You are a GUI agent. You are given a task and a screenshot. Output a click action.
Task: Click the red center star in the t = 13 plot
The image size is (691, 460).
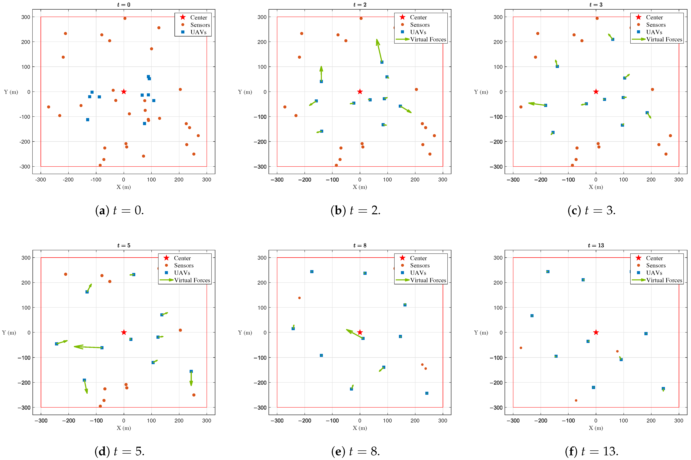coord(596,332)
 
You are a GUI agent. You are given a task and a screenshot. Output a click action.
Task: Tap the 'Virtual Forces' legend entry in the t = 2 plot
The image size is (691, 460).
coord(428,39)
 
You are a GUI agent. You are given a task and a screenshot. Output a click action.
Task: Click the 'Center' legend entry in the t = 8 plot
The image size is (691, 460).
coord(418,258)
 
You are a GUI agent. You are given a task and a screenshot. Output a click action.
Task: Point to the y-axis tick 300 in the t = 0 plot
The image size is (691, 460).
coord(26,17)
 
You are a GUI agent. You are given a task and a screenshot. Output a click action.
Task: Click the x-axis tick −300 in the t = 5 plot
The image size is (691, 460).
coord(41,421)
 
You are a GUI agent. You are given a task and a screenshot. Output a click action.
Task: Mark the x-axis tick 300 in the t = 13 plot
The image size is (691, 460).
coord(678,421)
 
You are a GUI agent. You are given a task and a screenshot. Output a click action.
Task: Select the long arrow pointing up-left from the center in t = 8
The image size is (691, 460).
coord(355,334)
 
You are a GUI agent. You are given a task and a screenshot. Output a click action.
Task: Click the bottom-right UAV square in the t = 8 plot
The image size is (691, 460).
coord(427,393)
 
